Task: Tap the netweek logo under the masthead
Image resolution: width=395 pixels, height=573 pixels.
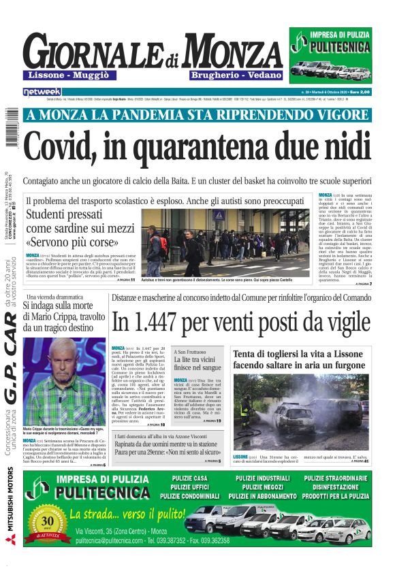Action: coord(42,91)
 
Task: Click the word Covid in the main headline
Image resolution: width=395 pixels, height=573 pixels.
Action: coord(67,142)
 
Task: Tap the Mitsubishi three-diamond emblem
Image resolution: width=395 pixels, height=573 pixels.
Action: coord(10,541)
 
